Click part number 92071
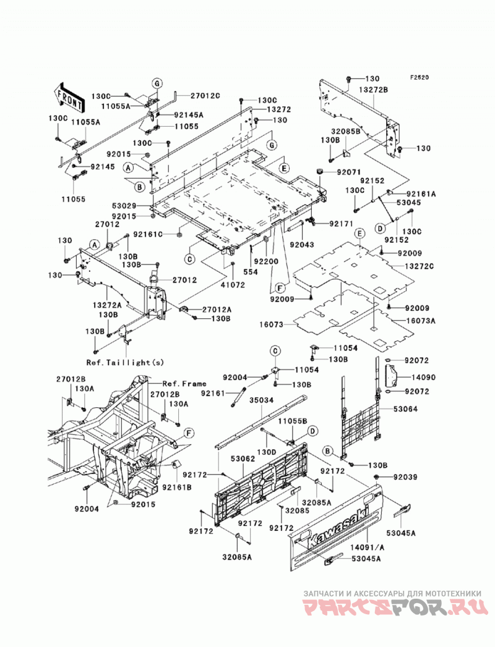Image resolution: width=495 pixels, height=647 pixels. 349,172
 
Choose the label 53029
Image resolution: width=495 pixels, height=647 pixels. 124,205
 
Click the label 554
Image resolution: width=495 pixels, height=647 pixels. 251,272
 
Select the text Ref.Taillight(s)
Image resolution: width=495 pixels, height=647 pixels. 125,363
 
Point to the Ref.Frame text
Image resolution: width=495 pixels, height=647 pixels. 184,384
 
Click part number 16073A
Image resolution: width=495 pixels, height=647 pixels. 420,321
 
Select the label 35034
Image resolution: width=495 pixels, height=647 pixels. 262,400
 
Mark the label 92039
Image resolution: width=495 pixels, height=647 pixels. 405,477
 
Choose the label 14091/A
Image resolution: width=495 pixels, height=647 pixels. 368,548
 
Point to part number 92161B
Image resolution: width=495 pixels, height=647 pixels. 177,488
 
